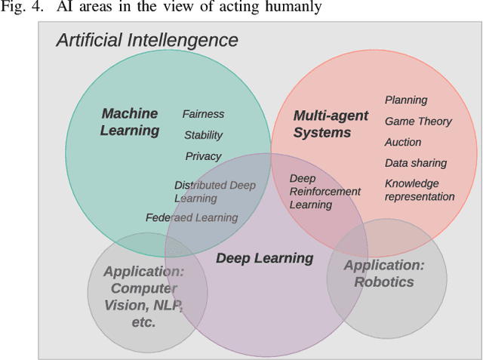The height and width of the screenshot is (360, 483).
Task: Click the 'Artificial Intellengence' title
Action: [x=147, y=40]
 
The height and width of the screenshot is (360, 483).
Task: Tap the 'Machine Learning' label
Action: [x=130, y=122]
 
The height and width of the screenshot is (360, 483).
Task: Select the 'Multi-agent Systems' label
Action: [x=331, y=124]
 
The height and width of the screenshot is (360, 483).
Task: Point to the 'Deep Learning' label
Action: [x=264, y=258]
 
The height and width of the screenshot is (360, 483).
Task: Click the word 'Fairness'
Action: [x=203, y=114]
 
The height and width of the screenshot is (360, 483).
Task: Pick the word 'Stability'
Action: [x=203, y=135]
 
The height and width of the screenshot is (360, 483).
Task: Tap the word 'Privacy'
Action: [x=203, y=156]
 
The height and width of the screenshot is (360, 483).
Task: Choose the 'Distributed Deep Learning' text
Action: [x=214, y=192]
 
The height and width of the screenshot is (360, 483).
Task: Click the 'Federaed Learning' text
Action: [x=192, y=217]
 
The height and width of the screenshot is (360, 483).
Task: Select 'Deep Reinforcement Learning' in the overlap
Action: [x=325, y=192]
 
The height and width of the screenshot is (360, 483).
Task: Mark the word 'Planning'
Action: [x=406, y=100]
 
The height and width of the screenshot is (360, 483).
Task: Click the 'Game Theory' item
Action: [x=418, y=121]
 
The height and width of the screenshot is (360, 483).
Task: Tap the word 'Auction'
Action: [x=403, y=142]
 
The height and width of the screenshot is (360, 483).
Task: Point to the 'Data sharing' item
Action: [x=416, y=163]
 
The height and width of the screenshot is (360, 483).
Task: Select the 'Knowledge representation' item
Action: [x=420, y=190]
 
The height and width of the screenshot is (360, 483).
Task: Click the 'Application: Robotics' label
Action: [x=384, y=273]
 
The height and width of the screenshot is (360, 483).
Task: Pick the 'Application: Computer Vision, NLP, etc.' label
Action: [x=143, y=297]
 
